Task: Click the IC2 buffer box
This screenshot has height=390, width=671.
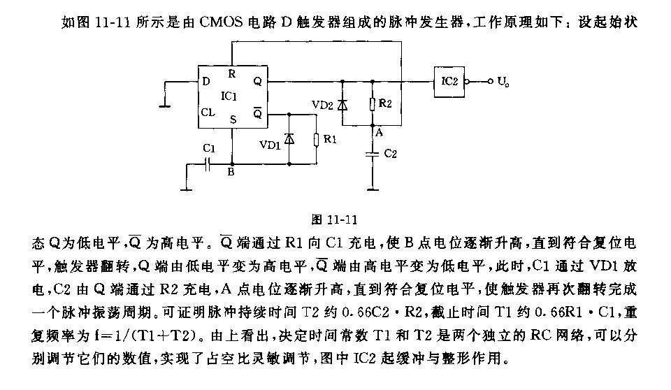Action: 449,81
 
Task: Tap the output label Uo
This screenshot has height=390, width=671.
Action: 502,82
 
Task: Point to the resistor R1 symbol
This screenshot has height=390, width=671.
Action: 317,140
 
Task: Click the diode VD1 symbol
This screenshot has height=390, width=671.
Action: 290,139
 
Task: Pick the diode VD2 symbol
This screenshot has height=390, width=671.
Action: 342,105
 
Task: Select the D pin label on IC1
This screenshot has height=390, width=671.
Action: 206,81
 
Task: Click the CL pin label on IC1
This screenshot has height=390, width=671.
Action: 208,112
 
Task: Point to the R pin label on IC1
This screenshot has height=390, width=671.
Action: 232,73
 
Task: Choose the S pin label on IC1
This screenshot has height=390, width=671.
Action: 233,120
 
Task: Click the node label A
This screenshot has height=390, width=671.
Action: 378,131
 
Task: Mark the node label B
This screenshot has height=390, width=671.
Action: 231,175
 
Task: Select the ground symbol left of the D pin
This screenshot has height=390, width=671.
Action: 165,106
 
